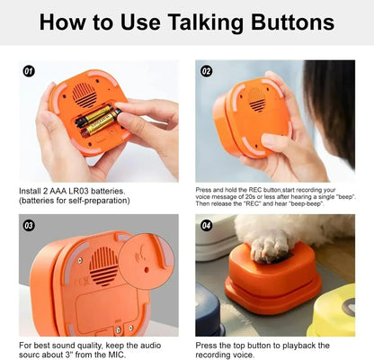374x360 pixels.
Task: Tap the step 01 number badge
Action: click(29, 70)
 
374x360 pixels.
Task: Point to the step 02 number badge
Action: click(206, 70)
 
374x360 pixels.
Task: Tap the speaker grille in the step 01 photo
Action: click(86, 94)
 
